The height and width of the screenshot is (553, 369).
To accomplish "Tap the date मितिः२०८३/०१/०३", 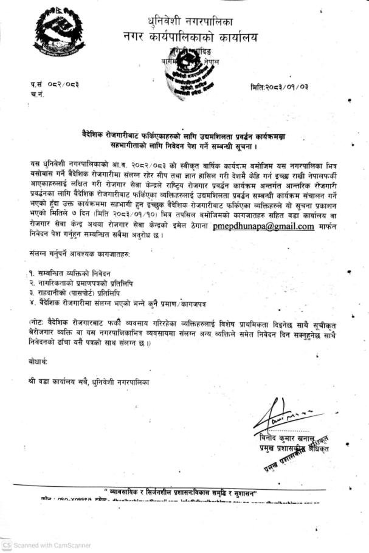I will [280, 88].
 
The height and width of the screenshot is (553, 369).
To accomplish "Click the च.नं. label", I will [36, 95].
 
